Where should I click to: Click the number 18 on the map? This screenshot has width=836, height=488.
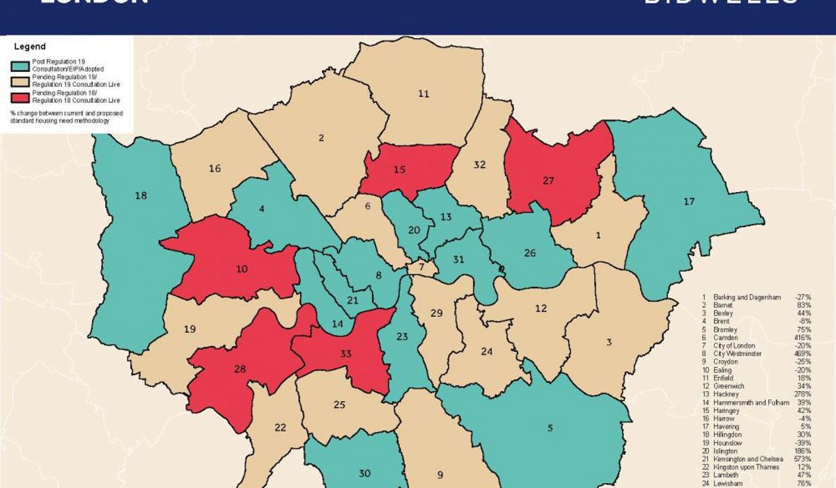tap(141, 196)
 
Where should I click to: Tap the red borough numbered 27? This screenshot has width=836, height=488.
tap(548, 180)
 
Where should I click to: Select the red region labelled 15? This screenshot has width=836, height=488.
tap(399, 170)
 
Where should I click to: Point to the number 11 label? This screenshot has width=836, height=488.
tap(424, 93)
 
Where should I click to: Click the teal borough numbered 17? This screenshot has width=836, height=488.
tap(689, 202)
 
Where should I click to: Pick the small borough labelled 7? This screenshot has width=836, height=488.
tap(421, 267)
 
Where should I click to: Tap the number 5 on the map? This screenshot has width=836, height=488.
tap(550, 428)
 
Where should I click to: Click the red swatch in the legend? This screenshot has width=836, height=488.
tap(21, 97)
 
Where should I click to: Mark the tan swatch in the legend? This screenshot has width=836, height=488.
tap(21, 81)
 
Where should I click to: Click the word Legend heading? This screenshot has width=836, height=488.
tap(30, 47)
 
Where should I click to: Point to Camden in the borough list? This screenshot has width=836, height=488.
tap(725, 337)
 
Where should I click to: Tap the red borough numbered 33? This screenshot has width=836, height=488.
tap(346, 354)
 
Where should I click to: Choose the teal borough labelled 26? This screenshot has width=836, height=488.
tap(530, 253)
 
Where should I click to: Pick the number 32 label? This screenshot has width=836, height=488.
tap(479, 165)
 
